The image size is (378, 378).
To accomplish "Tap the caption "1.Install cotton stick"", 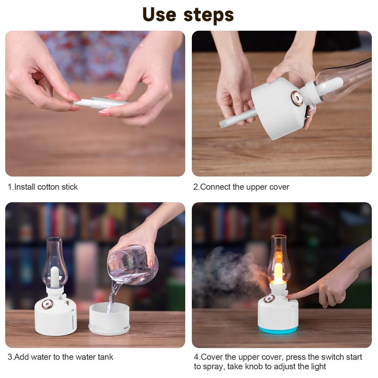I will [x=43, y=187].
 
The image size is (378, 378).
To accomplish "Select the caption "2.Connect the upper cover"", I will [x=241, y=187].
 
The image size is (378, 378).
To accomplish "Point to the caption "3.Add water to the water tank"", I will [x=60, y=357].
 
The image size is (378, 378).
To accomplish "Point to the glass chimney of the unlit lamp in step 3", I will [x=54, y=260].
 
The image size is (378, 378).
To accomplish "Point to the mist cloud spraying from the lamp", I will [x=227, y=274].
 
